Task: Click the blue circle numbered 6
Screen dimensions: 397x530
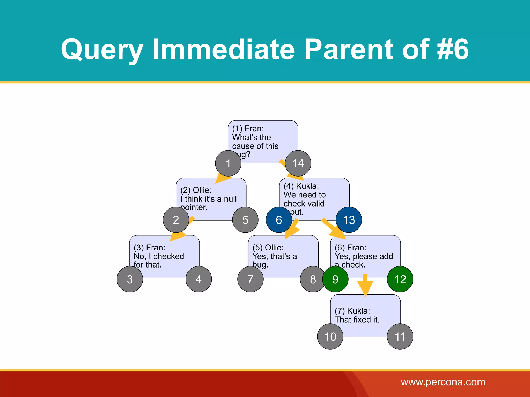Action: [x=279, y=220]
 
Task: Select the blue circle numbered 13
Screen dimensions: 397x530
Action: [x=349, y=220]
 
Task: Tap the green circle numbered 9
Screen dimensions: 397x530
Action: [x=335, y=279]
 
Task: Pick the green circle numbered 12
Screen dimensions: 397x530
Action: [x=400, y=279]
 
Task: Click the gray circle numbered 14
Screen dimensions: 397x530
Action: [x=298, y=163]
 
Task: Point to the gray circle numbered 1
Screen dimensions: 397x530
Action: [x=228, y=163]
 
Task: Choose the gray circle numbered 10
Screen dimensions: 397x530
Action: [x=330, y=337]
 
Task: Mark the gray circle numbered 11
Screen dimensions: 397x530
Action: [x=400, y=337]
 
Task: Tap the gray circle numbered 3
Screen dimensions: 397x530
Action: [x=130, y=279]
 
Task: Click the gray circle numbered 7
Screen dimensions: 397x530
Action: [x=250, y=279]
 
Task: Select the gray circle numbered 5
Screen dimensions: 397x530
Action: [x=245, y=220]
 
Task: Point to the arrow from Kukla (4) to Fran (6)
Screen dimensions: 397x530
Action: [x=334, y=229]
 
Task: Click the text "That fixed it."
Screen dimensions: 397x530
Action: [x=357, y=320]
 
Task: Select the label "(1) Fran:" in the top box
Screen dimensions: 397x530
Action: [x=248, y=128]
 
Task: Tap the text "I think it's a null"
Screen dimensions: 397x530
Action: [x=209, y=199]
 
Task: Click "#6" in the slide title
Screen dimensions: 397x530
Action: [x=453, y=49]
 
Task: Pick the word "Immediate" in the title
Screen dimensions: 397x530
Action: [x=224, y=49]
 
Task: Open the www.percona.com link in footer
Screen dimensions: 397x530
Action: [x=443, y=382]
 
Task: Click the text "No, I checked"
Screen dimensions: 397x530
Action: [x=159, y=256]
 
